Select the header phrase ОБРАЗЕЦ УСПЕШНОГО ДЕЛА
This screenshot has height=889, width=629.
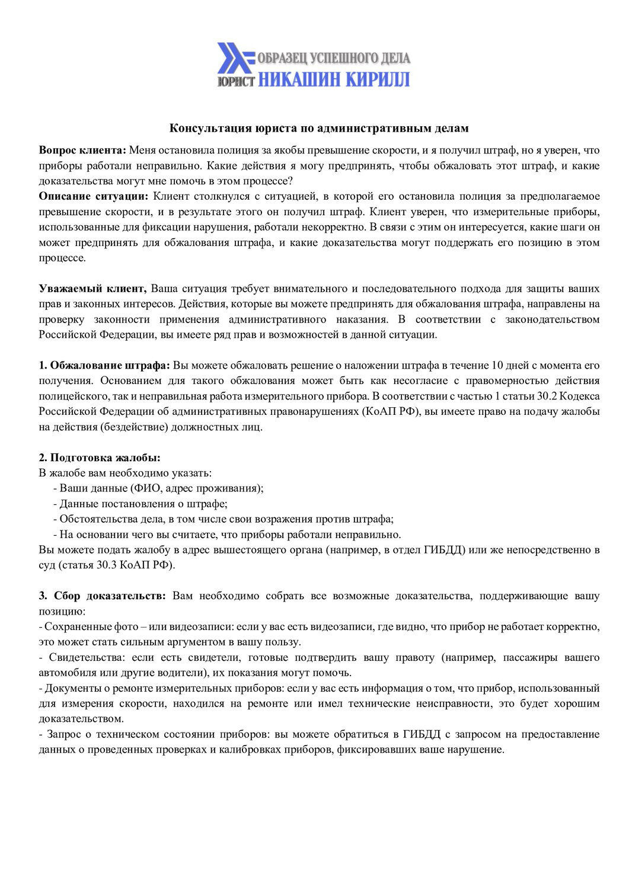click(x=334, y=58)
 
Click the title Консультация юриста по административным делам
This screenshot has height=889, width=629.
click(x=319, y=128)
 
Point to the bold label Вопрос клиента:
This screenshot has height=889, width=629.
click(x=82, y=151)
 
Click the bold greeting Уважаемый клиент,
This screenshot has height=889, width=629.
click(x=92, y=289)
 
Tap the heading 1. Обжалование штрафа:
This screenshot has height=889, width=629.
click(x=105, y=365)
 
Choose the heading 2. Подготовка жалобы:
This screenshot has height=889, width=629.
click(x=100, y=458)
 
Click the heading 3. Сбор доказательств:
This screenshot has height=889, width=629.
click(x=103, y=596)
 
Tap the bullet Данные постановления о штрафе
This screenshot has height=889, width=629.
click(x=143, y=504)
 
